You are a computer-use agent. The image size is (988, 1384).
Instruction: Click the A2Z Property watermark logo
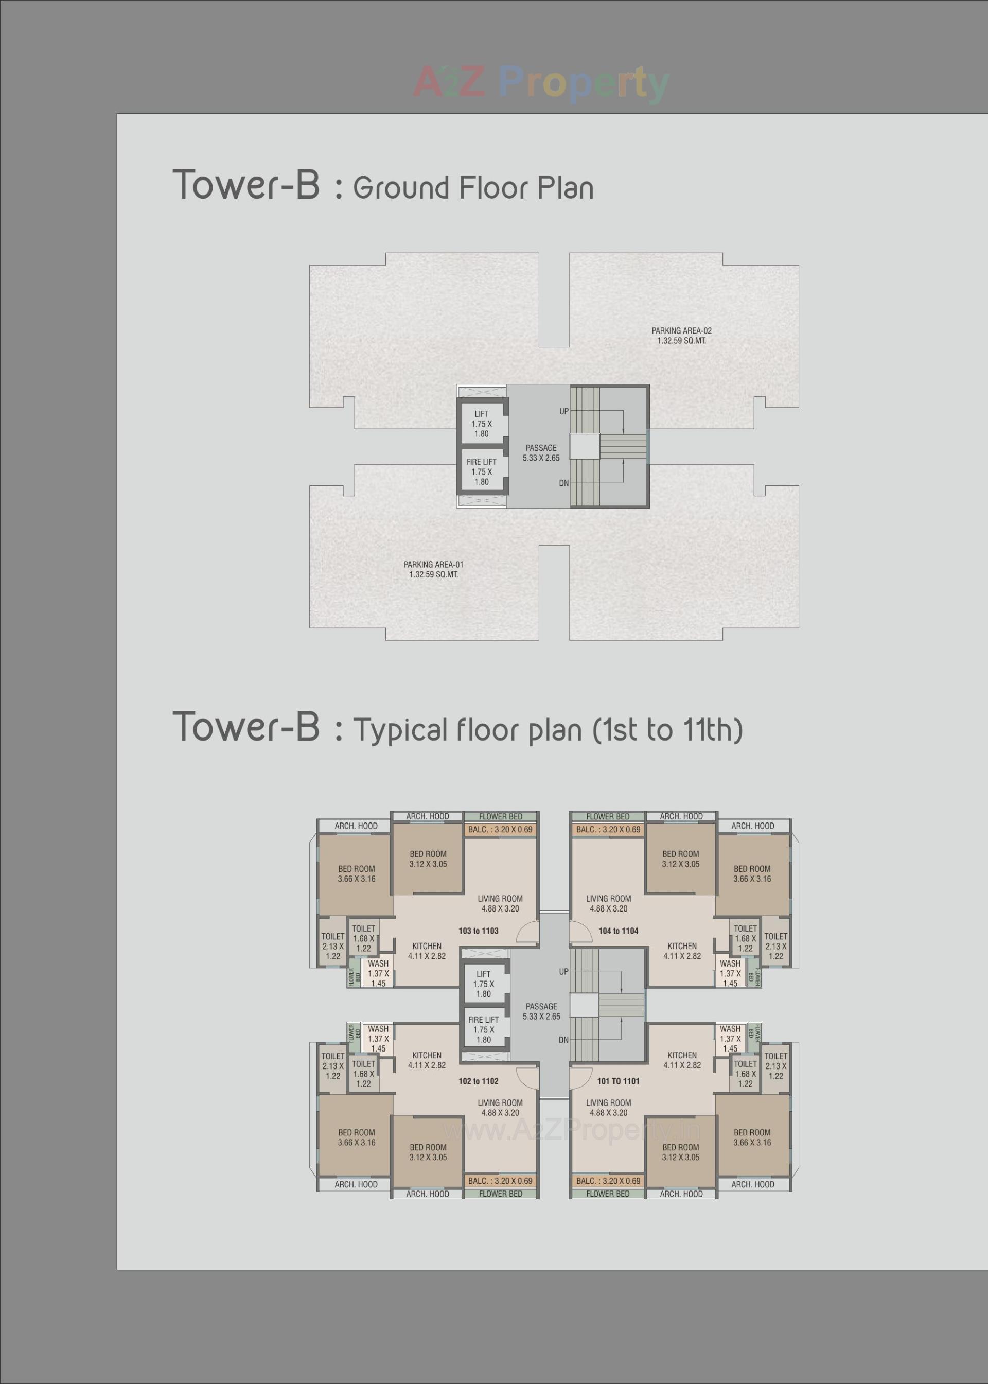click(x=541, y=83)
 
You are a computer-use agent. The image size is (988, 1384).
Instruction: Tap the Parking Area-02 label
click(x=681, y=336)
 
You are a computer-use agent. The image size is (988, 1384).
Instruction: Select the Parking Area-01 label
click(x=433, y=569)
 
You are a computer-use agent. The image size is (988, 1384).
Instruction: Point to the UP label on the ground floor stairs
click(x=564, y=411)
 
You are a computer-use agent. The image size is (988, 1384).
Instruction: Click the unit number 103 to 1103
click(x=478, y=930)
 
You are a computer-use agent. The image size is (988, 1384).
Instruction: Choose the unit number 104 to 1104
click(x=618, y=930)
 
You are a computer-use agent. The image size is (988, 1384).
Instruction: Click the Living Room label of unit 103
click(x=500, y=903)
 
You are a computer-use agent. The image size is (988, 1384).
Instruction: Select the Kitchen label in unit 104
click(x=682, y=951)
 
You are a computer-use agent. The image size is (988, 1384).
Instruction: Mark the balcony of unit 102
click(x=500, y=1180)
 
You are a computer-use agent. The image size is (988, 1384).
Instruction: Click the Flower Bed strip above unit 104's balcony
click(x=608, y=816)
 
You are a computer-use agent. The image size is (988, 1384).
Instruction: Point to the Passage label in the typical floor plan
click(x=541, y=1011)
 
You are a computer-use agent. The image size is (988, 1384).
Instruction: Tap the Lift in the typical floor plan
click(x=484, y=984)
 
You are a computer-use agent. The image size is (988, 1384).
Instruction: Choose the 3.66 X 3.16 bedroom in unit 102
click(x=357, y=1137)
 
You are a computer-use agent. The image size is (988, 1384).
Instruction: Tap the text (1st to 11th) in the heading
click(x=667, y=730)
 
